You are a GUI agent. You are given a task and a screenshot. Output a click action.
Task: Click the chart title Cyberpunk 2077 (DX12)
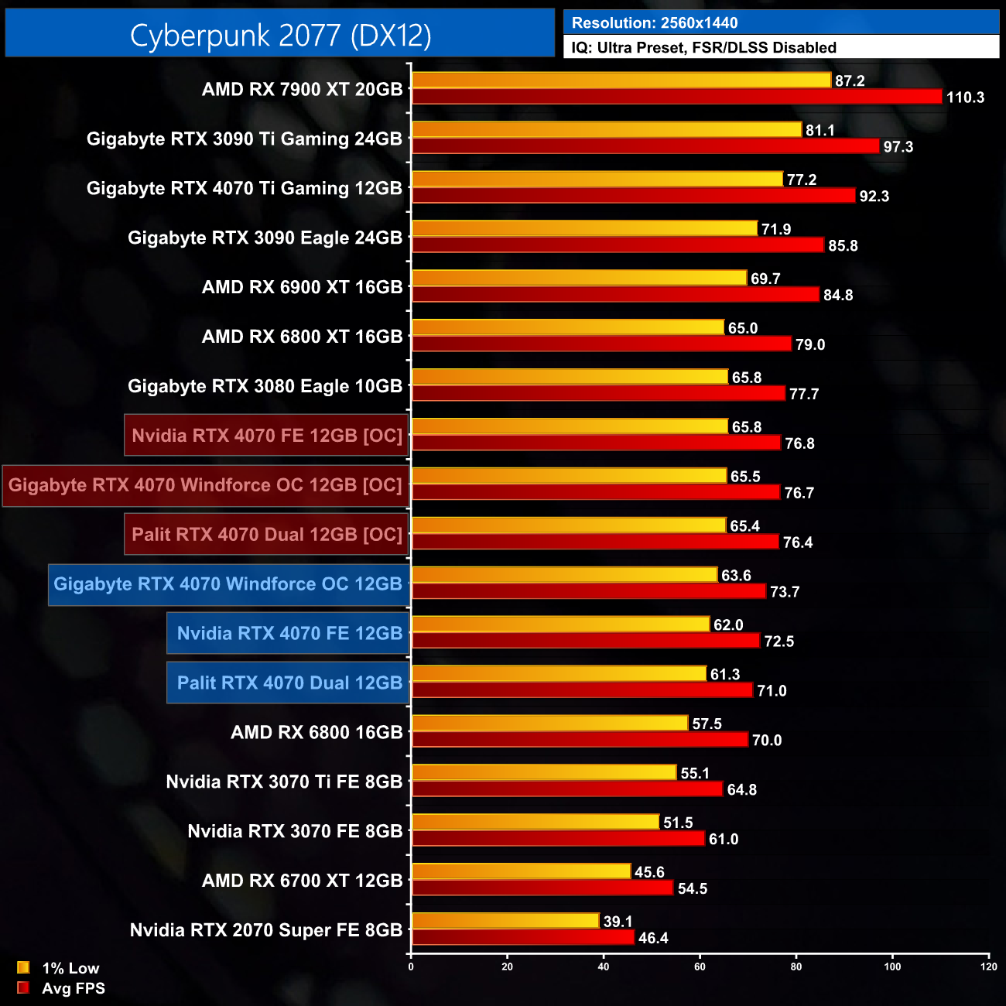pyautogui.click(x=280, y=35)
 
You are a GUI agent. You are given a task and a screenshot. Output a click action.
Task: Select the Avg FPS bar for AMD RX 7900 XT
pyautogui.click(x=676, y=97)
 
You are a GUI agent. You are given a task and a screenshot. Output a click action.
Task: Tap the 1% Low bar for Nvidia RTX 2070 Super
pyautogui.click(x=505, y=921)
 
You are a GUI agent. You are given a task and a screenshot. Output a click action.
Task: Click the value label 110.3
pyautogui.click(x=965, y=98)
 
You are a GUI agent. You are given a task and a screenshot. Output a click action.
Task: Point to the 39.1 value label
pyautogui.click(x=618, y=922)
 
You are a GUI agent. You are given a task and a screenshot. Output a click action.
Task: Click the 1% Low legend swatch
pyautogui.click(x=23, y=967)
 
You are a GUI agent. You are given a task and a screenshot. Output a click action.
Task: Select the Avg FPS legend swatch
pyautogui.click(x=23, y=987)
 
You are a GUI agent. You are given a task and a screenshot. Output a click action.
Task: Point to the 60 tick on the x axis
pyautogui.click(x=700, y=967)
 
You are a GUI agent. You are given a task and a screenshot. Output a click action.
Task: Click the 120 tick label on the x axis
pyautogui.click(x=988, y=967)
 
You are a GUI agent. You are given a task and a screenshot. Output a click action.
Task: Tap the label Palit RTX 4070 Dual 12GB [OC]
pyautogui.click(x=267, y=535)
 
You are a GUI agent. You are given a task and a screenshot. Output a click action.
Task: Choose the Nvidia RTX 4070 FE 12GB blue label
pyautogui.click(x=289, y=634)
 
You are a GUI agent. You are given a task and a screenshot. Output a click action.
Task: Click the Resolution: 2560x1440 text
pyautogui.click(x=655, y=23)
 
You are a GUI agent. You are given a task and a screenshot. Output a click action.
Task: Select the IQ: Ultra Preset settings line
pyautogui.click(x=703, y=48)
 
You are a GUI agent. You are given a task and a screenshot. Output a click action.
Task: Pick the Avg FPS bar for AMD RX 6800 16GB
pyautogui.click(x=580, y=740)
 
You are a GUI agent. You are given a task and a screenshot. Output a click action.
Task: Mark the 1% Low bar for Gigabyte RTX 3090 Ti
pyautogui.click(x=606, y=130)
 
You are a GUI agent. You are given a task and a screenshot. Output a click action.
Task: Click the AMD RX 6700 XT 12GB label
pyautogui.click(x=302, y=881)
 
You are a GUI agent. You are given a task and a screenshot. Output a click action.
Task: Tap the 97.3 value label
pyautogui.click(x=898, y=147)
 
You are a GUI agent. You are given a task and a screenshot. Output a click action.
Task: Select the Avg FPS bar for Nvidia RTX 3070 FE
pyautogui.click(x=558, y=839)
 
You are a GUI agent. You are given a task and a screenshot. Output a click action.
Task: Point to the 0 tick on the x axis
pyautogui.click(x=411, y=967)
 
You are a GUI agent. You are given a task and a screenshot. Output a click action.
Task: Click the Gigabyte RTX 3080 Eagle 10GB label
pyautogui.click(x=265, y=386)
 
